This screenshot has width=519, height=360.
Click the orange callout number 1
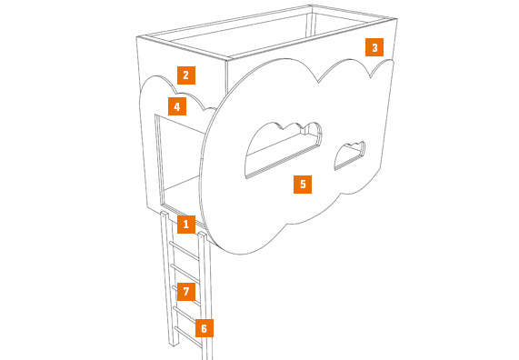point(186,225)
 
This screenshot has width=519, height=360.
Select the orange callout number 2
point(186,75)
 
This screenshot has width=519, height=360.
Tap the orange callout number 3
point(374,47)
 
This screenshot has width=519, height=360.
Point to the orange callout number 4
point(177,106)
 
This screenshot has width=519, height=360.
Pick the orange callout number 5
point(303,185)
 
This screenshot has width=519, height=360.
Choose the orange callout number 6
point(205,328)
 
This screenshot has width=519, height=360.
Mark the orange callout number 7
point(186,292)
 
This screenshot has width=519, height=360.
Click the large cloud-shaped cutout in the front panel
point(283,150)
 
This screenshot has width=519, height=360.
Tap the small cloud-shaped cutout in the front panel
point(350,155)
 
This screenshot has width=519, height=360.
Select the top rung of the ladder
point(185,250)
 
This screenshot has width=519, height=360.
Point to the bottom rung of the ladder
point(188,337)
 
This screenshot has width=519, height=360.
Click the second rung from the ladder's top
point(185,274)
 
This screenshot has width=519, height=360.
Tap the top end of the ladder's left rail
point(165,213)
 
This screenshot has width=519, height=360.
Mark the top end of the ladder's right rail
point(203,235)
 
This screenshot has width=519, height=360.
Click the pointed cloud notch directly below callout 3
point(370,78)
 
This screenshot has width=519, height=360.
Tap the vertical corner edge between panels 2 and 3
point(226,76)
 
